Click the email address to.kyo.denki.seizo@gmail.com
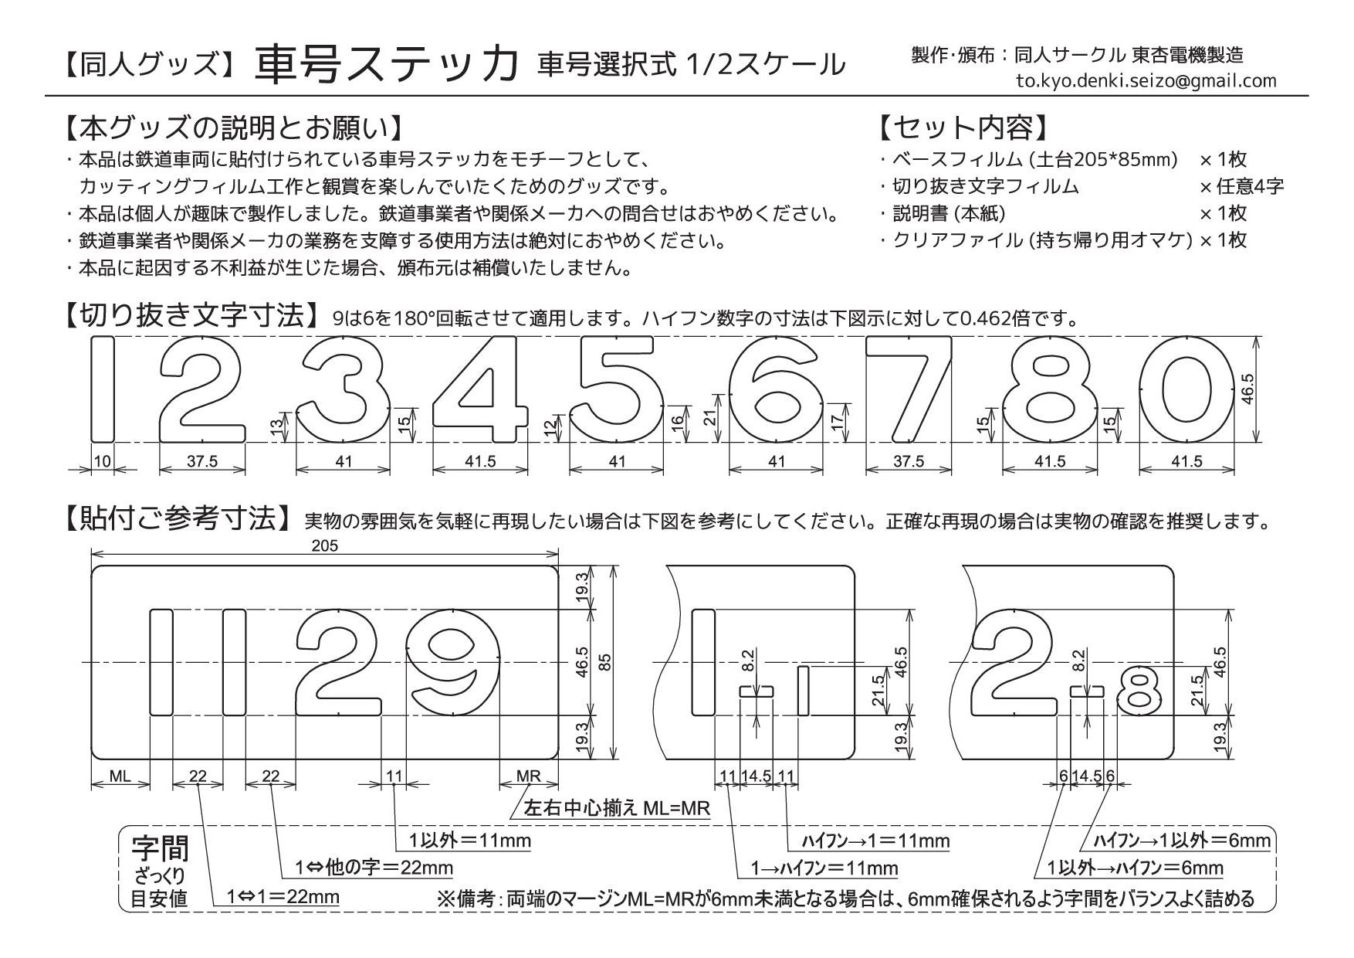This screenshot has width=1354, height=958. [1146, 80]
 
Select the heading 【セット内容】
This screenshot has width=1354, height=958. [964, 127]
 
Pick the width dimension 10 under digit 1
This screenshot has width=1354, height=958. [102, 461]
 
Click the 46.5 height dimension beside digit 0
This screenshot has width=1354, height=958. [1248, 389]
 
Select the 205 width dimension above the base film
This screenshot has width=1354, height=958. [325, 545]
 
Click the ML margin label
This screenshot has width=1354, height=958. [120, 776]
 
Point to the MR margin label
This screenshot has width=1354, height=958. [528, 776]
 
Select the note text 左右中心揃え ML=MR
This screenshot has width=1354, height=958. [618, 808]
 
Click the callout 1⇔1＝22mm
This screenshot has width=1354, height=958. [283, 897]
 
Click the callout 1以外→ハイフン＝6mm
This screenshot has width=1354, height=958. [1136, 868]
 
